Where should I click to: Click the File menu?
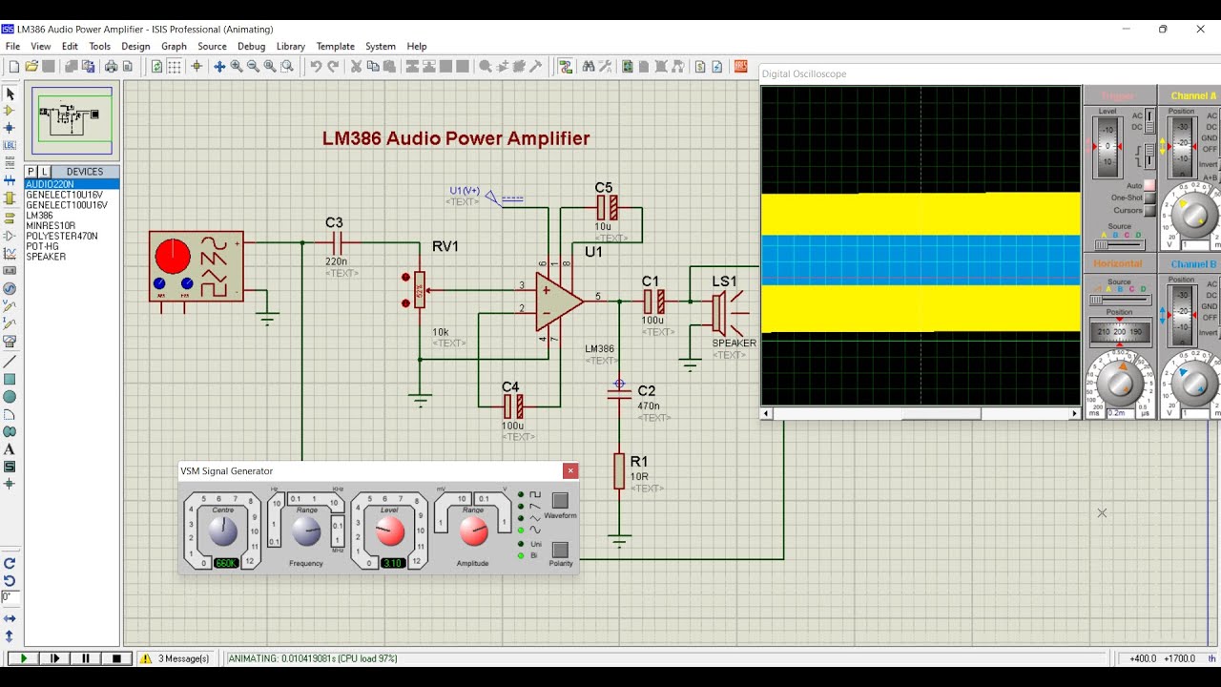[x=12, y=46]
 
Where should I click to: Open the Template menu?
[x=335, y=46]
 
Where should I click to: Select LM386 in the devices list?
[x=40, y=216]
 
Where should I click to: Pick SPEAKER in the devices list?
[x=46, y=257]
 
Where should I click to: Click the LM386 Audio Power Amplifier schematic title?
[x=456, y=138]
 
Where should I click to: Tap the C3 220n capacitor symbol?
[x=335, y=243]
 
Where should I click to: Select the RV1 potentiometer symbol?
[x=420, y=289]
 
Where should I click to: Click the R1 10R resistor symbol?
[x=619, y=471]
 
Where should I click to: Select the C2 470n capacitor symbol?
[x=619, y=392]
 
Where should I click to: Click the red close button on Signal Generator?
[x=570, y=470]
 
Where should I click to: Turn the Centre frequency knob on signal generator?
[x=222, y=531]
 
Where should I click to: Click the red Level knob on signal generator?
[x=390, y=531]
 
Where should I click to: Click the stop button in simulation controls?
[x=116, y=658]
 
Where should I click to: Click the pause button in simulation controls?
[x=86, y=658]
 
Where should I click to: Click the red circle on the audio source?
[x=173, y=255]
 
